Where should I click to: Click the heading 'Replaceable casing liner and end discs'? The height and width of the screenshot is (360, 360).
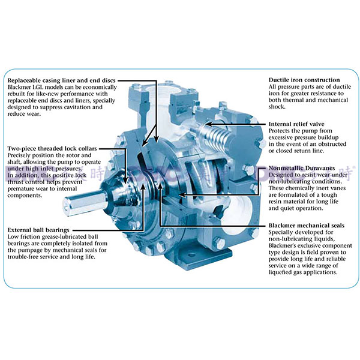[x=62, y=80]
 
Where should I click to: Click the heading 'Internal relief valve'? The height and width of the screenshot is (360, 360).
[x=300, y=124]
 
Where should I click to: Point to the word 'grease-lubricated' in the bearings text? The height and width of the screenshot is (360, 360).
[x=65, y=237]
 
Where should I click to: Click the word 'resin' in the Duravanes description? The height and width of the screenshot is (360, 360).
[x=278, y=199]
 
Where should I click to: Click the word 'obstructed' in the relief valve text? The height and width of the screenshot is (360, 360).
[x=322, y=144]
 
